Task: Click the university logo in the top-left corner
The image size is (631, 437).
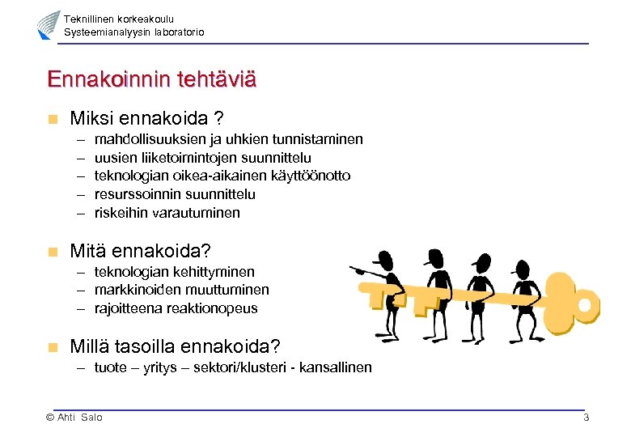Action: (x=49, y=26)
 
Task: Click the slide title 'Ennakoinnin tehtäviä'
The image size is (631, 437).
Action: (x=152, y=79)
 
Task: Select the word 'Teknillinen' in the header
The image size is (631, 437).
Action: (x=88, y=19)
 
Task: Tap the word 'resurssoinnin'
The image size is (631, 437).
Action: (x=133, y=194)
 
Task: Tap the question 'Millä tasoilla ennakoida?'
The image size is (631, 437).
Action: (x=176, y=346)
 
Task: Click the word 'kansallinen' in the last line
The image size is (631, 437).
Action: (x=336, y=367)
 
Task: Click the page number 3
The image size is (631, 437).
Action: (x=586, y=418)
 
